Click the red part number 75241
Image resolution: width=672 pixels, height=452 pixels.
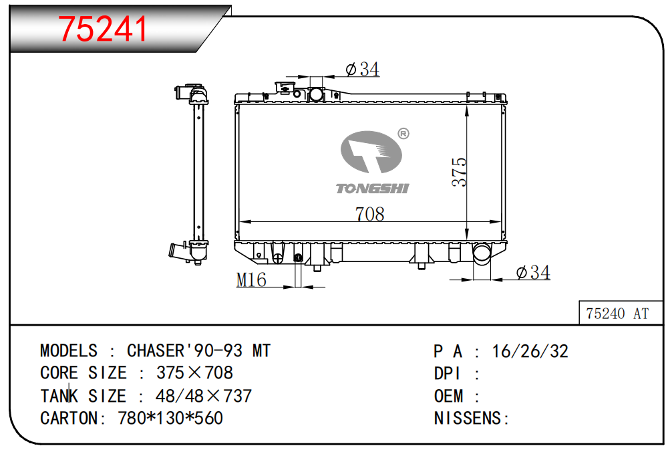coord(102,29)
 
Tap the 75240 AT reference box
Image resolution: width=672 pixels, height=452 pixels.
coord(620,313)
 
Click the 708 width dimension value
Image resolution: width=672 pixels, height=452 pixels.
coord(370,213)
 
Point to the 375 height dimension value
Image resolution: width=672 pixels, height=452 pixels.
coord(459,172)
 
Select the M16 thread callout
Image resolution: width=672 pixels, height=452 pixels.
coord(251,280)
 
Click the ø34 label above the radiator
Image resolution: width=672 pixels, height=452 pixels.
coord(362,69)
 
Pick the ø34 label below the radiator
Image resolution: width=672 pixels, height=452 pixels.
coord(533,272)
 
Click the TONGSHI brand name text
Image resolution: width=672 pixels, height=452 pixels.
coord(372,189)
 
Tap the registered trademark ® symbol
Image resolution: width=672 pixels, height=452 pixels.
coord(403,134)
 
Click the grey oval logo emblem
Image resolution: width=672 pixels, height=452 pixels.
coord(371,152)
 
